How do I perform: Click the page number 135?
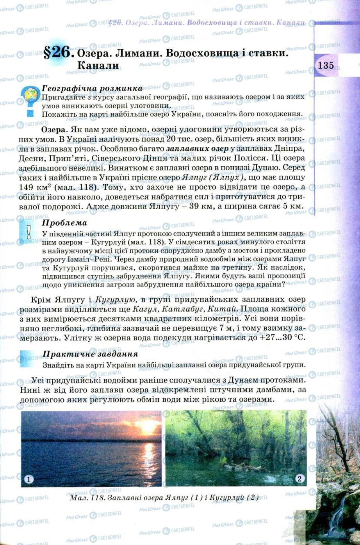326,65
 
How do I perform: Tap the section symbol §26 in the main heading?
59,52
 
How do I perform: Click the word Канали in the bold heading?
98,66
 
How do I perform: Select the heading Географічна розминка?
92,88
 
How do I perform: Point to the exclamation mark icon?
29,233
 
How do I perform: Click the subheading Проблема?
64,223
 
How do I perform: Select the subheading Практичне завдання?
90,354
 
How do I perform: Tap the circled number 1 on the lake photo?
29,479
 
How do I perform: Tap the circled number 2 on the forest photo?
299,479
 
